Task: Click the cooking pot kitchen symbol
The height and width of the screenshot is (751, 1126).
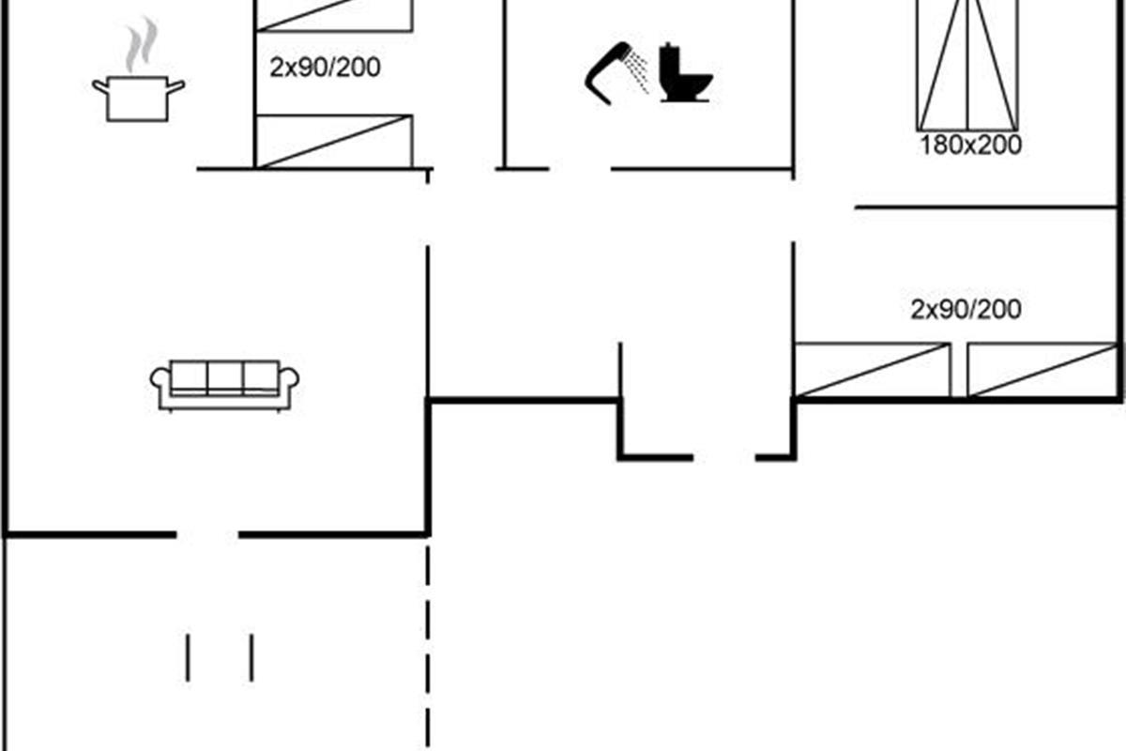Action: click(x=138, y=99)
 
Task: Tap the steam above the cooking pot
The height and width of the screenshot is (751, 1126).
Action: click(x=142, y=44)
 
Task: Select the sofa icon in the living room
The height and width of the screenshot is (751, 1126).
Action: click(x=224, y=386)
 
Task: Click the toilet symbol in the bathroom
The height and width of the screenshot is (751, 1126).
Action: click(x=686, y=73)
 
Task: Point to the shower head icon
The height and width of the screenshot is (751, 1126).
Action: click(x=616, y=73)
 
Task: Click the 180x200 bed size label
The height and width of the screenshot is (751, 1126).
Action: click(x=970, y=145)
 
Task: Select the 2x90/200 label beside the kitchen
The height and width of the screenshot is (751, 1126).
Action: click(x=325, y=68)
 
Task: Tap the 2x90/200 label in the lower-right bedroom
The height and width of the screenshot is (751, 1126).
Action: click(x=966, y=310)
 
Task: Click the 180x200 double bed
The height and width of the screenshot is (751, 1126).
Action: click(x=967, y=66)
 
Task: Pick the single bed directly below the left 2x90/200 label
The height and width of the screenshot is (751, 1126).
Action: click(x=334, y=142)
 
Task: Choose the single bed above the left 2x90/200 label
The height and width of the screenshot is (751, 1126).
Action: click(x=334, y=16)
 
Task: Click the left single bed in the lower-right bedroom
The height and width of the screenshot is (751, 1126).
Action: click(x=872, y=370)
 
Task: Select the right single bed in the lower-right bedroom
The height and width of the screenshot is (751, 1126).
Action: click(x=1042, y=370)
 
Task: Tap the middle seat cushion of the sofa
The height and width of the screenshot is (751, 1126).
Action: click(x=225, y=377)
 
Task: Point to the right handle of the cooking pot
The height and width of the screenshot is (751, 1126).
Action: click(x=176, y=86)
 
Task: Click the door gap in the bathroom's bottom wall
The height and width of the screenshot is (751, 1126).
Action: click(x=580, y=169)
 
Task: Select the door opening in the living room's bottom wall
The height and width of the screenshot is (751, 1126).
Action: click(x=207, y=535)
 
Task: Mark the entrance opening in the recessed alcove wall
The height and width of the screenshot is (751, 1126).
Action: click(x=724, y=457)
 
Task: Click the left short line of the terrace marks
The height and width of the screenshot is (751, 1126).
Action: click(x=188, y=658)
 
